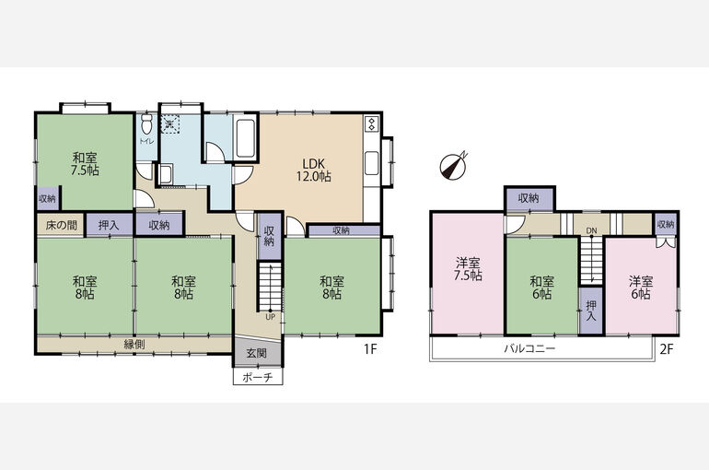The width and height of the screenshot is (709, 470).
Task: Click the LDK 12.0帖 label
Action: tap(314, 170)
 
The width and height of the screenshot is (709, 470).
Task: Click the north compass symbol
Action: tap(453, 166)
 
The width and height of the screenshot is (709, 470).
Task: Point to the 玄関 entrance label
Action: tap(257, 353)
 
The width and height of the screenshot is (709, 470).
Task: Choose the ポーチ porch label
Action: tap(257, 377)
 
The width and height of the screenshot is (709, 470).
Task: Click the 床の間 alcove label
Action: tap(61, 225)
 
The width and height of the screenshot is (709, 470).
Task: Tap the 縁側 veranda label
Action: tap(134, 345)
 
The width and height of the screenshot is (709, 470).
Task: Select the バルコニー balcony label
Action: tap(529, 348)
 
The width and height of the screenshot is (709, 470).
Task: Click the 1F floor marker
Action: tap(370, 349)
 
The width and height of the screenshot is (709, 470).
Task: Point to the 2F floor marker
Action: tap(667, 349)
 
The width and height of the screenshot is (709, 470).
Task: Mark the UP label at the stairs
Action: tap(270, 317)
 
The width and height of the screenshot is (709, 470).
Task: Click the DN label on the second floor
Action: tap(591, 230)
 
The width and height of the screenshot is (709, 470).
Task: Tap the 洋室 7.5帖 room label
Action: tap(468, 269)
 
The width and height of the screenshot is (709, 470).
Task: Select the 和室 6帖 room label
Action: tap(541, 288)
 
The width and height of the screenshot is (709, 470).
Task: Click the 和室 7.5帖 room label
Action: tap(85, 164)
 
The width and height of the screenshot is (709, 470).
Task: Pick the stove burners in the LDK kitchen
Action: tap(372, 123)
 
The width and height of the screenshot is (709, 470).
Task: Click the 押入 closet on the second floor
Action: tap(591, 311)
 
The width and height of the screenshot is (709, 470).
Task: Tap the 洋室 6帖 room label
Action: tap(641, 288)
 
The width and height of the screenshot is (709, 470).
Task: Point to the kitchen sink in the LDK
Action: tap(372, 163)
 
